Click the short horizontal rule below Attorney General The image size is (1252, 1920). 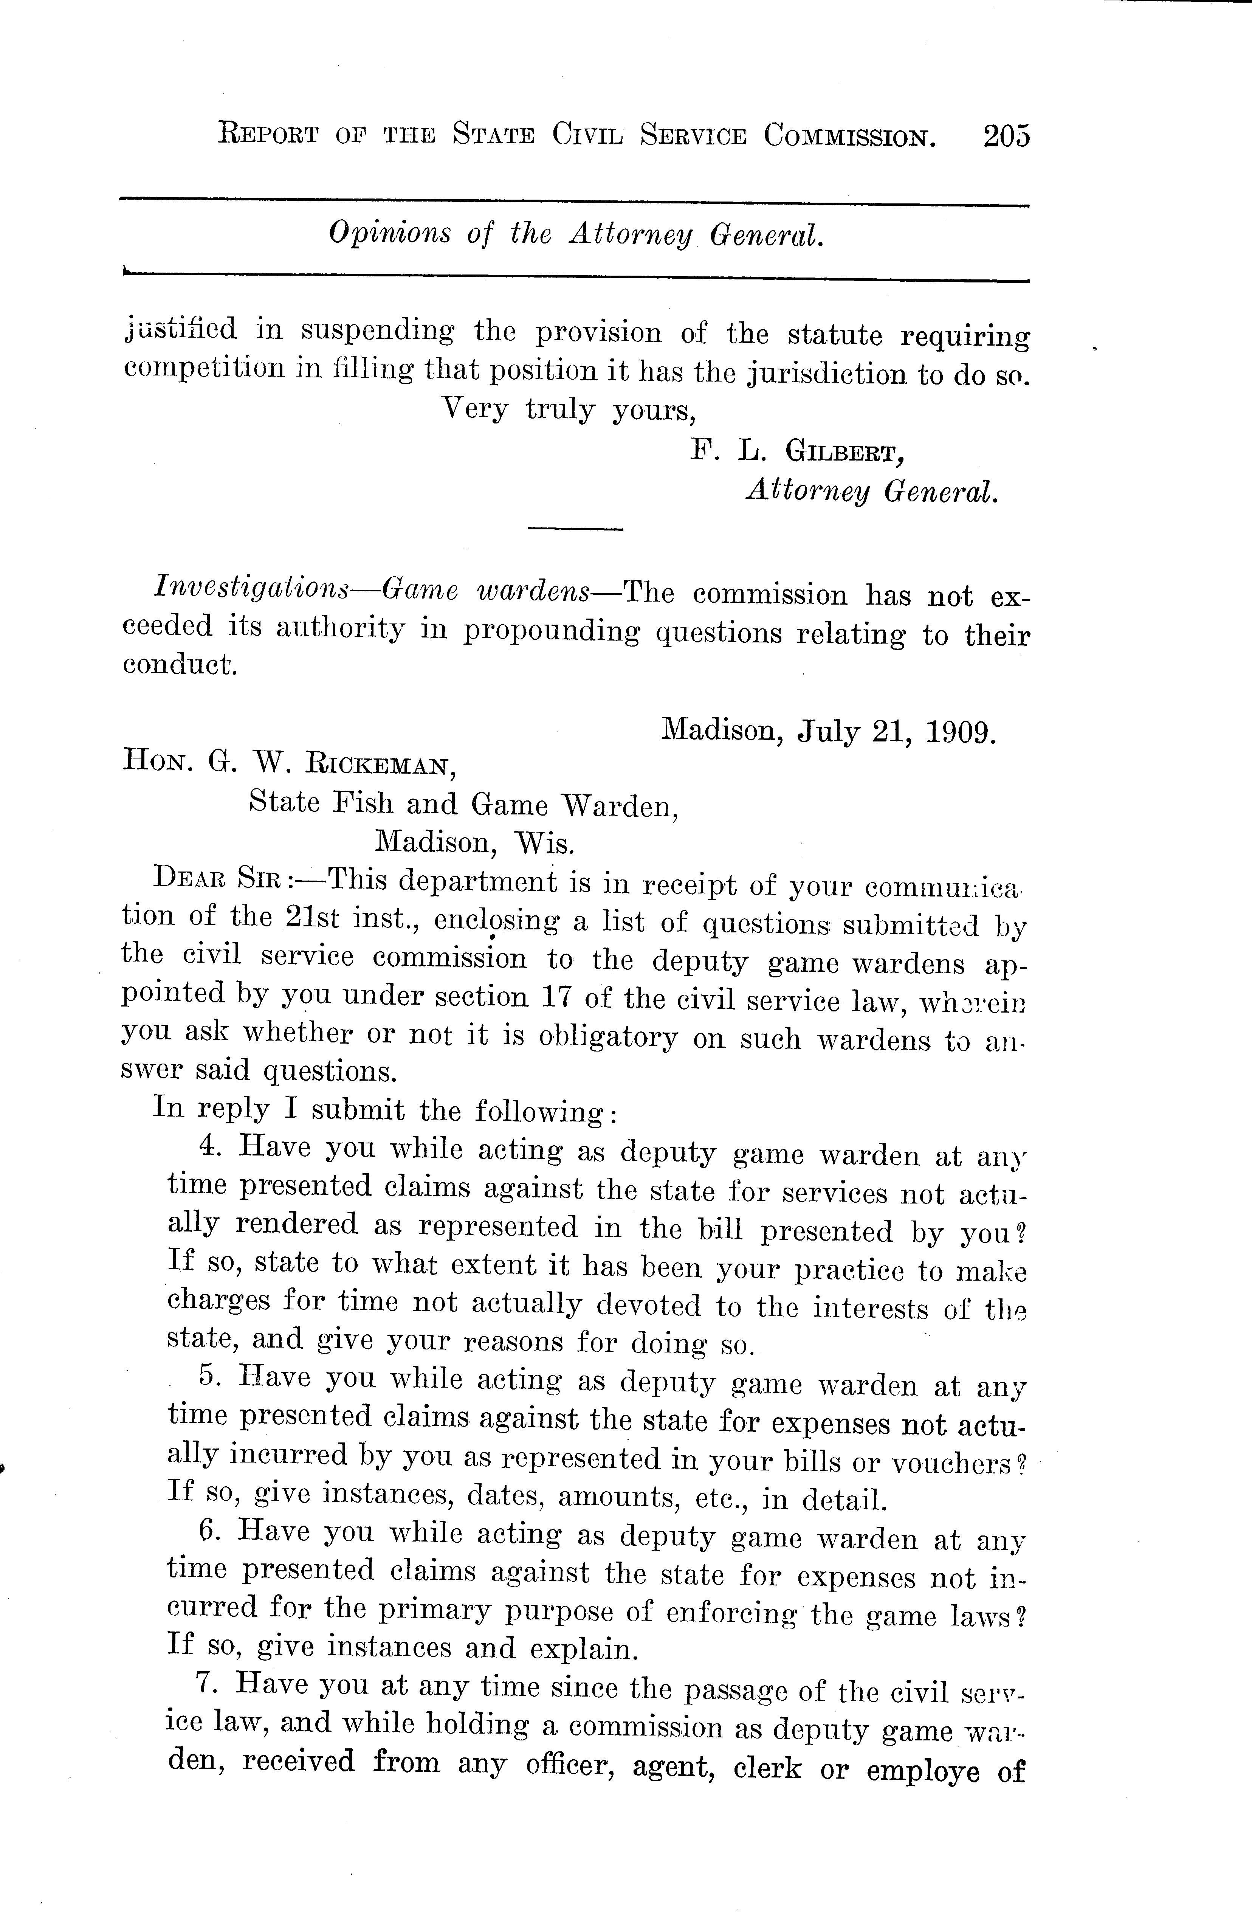[575, 529]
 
